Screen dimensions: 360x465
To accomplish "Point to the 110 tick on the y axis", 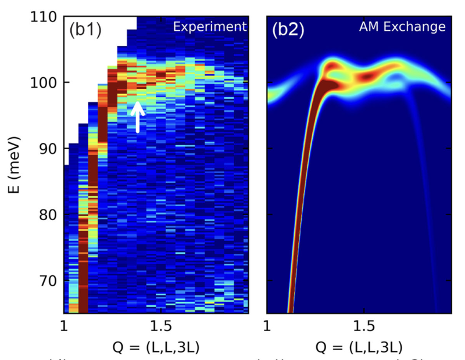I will [44, 17].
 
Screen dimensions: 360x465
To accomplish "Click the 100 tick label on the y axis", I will [44, 82].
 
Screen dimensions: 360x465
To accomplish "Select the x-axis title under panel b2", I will [359, 347].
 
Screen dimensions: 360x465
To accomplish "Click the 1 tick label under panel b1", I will [65, 324].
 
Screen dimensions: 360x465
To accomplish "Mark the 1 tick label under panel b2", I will [267, 324].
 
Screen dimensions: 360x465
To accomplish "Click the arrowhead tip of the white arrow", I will [137, 103].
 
